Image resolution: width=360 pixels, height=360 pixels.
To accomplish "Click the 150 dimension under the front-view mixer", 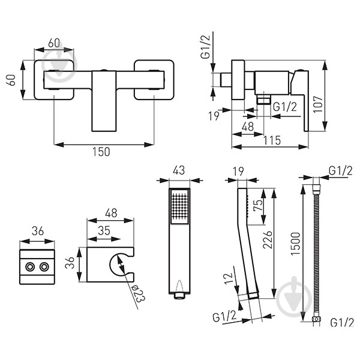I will click(101, 152).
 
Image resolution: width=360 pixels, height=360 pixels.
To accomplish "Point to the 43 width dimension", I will click(179, 170).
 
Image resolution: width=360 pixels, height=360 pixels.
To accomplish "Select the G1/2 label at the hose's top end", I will click(339, 171).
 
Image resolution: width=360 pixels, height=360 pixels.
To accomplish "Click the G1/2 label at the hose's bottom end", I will click(341, 322).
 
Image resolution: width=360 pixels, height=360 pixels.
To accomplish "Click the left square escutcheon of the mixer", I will click(55, 79).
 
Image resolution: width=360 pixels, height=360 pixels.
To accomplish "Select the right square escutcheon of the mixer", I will click(154, 79).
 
